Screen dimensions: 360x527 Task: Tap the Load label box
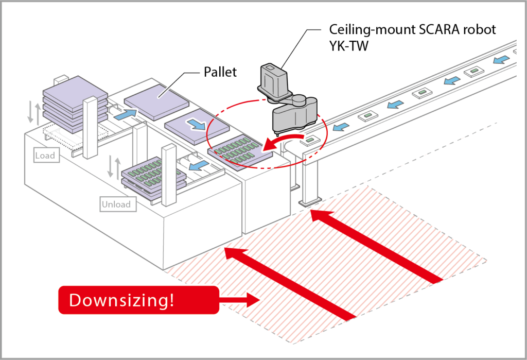click(45, 155)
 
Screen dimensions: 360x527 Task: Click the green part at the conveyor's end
click(310, 138)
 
